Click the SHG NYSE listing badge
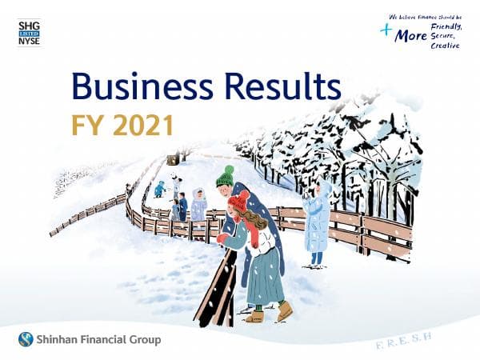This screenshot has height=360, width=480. tap(28, 34)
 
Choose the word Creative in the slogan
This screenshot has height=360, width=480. tap(446, 46)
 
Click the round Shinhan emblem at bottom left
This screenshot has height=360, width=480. tap(26, 339)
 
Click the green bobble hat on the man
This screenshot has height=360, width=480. tap(225, 176)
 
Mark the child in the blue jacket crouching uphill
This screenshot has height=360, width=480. tap(159, 189)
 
